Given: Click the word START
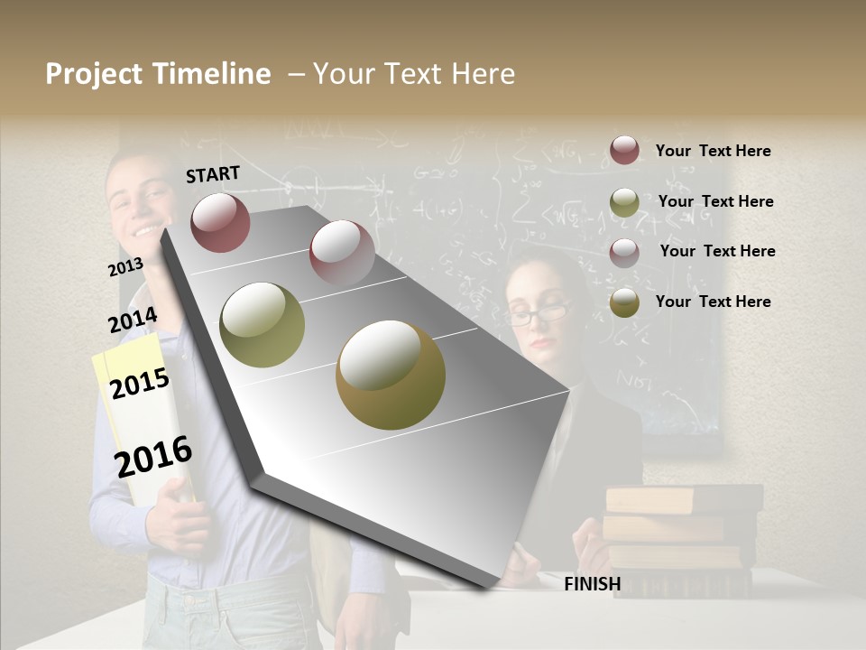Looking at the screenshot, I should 213,174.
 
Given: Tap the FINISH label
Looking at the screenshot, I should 592,584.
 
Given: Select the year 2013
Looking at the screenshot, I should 125,267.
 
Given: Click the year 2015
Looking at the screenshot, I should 140,384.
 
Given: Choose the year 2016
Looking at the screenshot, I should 153,457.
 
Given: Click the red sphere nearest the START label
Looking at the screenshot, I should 220,222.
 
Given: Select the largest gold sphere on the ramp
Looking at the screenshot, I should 391,375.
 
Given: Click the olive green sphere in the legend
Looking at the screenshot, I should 624,202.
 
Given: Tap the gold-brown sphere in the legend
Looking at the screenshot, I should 624,303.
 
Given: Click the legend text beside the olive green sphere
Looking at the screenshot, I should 715,201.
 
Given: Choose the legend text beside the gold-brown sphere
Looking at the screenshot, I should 713,302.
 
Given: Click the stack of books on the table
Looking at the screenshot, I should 683,537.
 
